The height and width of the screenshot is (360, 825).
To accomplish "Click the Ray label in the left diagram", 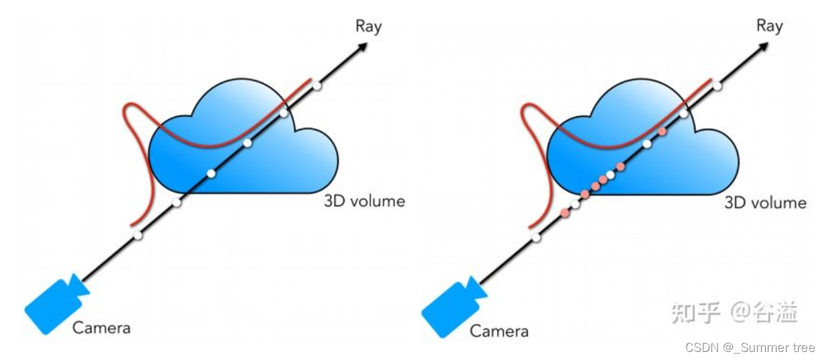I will tap(368, 26).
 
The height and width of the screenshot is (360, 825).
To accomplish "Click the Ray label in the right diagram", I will tap(769, 26).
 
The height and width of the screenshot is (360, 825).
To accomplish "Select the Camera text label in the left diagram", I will tap(101, 328).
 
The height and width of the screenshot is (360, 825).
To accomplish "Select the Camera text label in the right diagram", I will tap(499, 330).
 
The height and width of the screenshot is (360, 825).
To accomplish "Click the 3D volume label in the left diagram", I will tap(365, 201).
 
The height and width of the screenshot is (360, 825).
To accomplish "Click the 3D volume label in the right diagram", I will tap(765, 202).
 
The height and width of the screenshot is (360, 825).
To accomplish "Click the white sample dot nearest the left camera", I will tap(138, 235).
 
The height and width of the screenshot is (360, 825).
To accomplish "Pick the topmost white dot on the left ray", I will tap(316, 86).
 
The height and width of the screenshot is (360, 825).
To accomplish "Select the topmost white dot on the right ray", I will tap(718, 86).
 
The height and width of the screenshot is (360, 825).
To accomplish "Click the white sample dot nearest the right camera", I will tap(536, 237).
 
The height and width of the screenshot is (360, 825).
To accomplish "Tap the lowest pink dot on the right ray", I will tap(564, 213).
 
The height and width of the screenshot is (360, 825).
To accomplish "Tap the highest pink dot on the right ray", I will tap(662, 131).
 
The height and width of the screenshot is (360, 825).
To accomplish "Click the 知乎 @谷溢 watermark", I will tap(735, 312).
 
